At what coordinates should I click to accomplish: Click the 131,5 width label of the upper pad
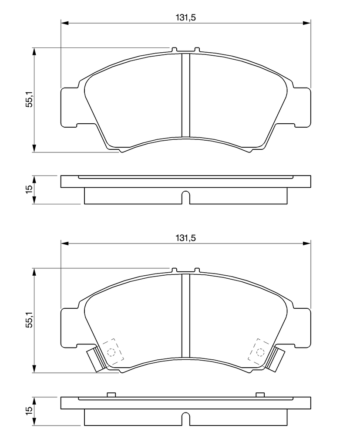(x=185, y=17)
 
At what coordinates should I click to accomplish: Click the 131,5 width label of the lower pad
(x=185, y=238)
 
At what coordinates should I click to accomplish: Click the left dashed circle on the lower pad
(x=111, y=352)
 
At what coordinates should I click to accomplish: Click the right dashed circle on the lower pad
(x=260, y=352)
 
